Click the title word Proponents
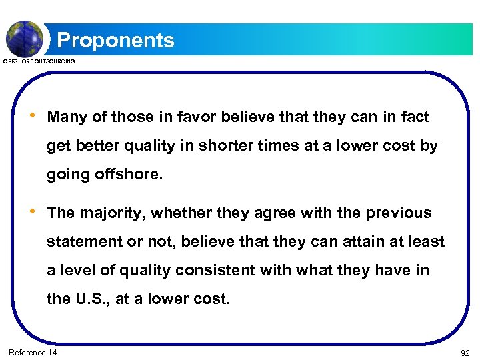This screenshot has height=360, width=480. click(115, 40)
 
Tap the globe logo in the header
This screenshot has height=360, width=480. click(25, 39)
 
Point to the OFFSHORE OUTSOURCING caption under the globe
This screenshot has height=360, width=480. click(39, 61)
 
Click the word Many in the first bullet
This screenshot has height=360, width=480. click(67, 117)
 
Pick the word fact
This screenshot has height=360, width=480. click(415, 117)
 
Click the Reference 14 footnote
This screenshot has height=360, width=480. click(33, 352)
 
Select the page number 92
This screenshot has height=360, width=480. click(465, 352)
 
